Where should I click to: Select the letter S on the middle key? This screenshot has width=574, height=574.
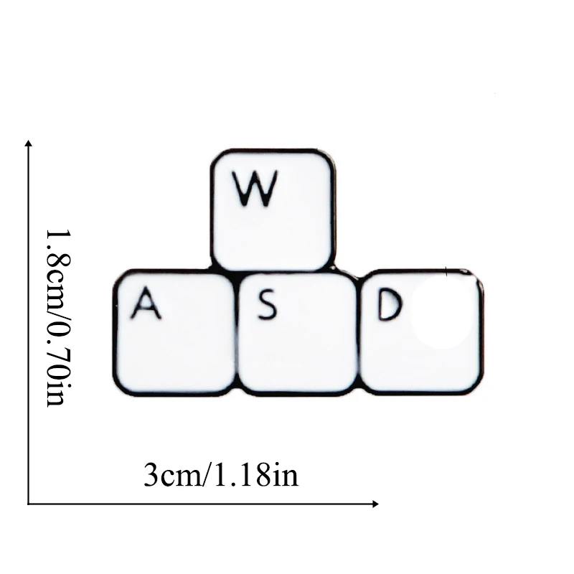coord(267,307)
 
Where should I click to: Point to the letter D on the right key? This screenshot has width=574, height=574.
coord(387,307)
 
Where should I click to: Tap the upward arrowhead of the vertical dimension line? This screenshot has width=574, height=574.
coord(28,144)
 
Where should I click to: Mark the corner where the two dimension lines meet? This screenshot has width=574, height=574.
coord(28,504)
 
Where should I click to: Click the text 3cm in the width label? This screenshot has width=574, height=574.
coord(169,476)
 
